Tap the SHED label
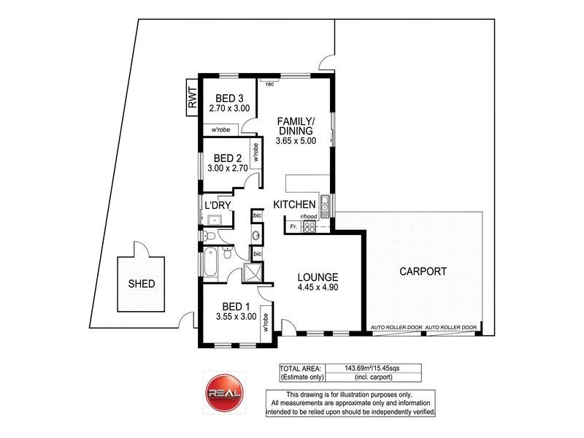tap(142, 284)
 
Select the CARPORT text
tap(423, 272)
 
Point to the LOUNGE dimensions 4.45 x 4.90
tap(318, 288)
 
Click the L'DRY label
tap(218, 205)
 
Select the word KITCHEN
tap(294, 204)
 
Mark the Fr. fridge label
tap(293, 228)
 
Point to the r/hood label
tap(309, 218)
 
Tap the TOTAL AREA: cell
tap(302, 368)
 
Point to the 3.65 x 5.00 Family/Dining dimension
tap(296, 142)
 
